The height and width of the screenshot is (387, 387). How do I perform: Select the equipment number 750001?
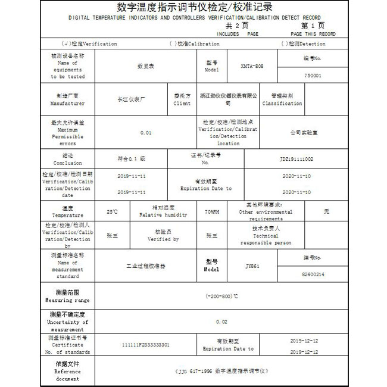pyautogui.click(x=312, y=76)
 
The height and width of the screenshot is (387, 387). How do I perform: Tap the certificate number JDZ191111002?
pyautogui.click(x=296, y=159)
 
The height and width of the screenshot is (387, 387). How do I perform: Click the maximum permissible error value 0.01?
pyautogui.click(x=146, y=132)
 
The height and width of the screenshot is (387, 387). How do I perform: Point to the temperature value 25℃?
pyautogui.click(x=112, y=211)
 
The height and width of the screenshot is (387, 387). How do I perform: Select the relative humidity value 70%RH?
pyautogui.click(x=212, y=211)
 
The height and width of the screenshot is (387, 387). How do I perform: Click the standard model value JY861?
pyautogui.click(x=252, y=266)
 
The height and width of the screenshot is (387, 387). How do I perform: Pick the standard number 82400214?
pyautogui.click(x=313, y=274)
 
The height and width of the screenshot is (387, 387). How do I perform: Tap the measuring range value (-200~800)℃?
pyautogui.click(x=221, y=296)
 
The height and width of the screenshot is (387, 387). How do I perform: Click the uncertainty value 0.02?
pyautogui.click(x=221, y=322)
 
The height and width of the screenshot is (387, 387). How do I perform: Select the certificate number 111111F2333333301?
pyautogui.click(x=145, y=345)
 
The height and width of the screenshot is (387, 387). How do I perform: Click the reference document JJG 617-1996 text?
pyautogui.click(x=221, y=370)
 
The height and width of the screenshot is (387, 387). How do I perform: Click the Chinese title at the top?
pyautogui.click(x=195, y=8)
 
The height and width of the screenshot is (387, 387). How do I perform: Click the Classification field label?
pyautogui.click(x=282, y=99)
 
